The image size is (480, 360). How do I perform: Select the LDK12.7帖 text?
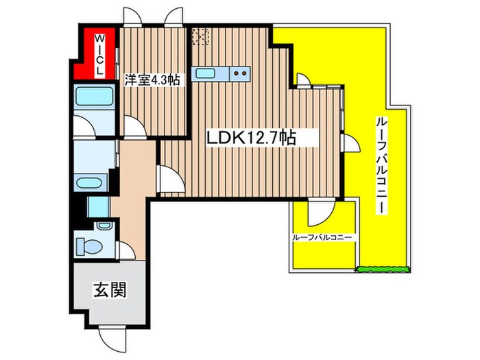[252, 138]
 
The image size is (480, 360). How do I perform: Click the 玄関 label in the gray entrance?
[109, 290]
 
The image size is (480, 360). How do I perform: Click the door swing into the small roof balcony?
[318, 214]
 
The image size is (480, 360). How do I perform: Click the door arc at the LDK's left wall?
[169, 181]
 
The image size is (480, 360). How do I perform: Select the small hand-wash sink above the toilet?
[104, 226]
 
